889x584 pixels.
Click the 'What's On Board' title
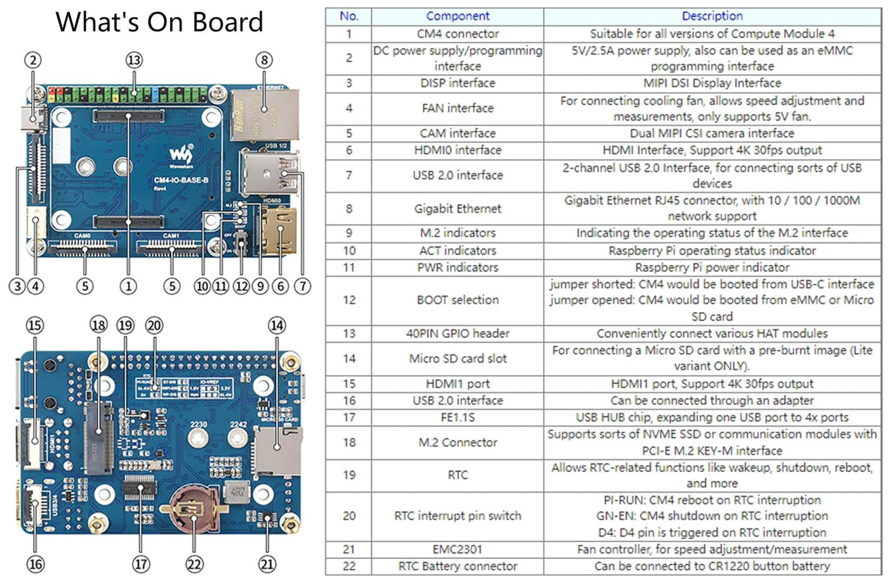(159, 22)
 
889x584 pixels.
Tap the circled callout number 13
(134, 60)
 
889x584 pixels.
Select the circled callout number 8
(264, 60)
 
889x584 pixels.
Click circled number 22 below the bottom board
(194, 564)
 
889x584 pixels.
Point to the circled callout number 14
(277, 325)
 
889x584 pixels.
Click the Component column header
(457, 17)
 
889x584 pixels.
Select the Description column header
(712, 17)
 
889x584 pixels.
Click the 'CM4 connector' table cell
(457, 34)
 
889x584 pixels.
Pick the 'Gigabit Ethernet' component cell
(457, 208)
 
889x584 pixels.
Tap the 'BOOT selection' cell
(457, 300)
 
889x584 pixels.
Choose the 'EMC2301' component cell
(457, 549)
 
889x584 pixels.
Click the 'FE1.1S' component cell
(457, 418)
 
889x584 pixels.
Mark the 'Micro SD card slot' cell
(457, 358)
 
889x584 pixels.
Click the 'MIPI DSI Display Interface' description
(712, 83)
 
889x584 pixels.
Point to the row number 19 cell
(349, 475)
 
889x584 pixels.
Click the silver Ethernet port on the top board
(264, 114)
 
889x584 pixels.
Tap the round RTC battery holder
(193, 508)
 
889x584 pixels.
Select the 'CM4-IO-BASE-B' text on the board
(181, 180)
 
